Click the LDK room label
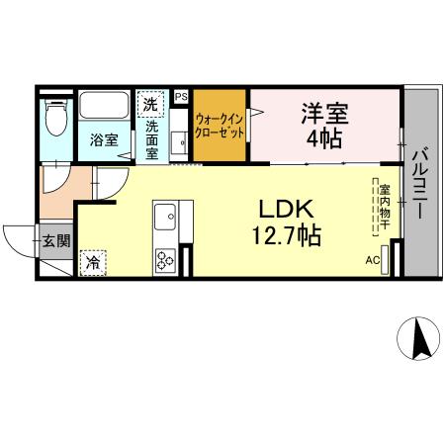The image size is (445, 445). (x=286, y=211)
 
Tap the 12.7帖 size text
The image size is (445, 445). (x=286, y=236)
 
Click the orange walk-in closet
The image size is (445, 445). (x=220, y=126)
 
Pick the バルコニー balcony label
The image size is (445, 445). (x=419, y=183)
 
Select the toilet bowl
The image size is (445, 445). (x=56, y=121)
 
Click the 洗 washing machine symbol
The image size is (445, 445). (x=151, y=103)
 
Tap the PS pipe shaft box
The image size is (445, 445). (x=181, y=97)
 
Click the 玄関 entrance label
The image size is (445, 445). (x=55, y=240)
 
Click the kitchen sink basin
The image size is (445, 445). (x=163, y=215)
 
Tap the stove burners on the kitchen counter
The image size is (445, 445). (x=163, y=260)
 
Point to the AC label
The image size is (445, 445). (x=373, y=260)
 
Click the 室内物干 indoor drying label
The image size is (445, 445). (x=382, y=206)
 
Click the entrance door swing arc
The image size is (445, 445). (x=20, y=237)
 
